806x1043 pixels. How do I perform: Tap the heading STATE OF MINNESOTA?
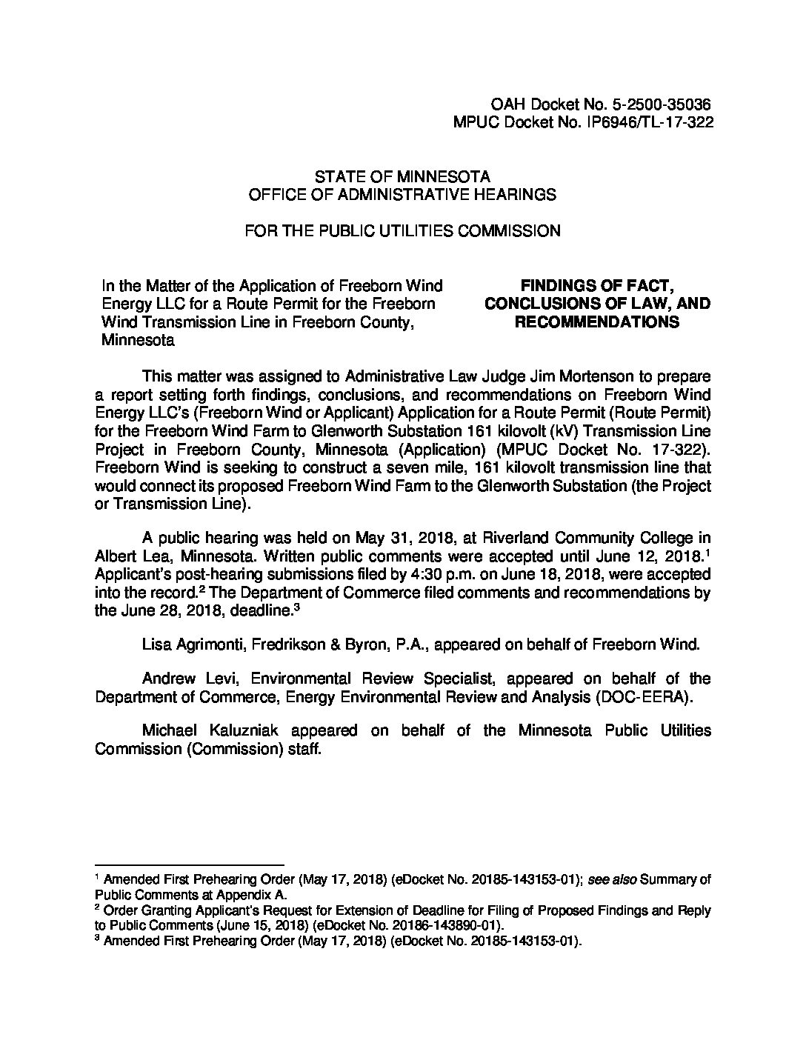(x=402, y=177)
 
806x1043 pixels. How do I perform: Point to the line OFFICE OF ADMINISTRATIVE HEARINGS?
(x=402, y=195)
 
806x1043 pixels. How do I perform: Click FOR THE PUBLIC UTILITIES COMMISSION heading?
(x=402, y=231)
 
